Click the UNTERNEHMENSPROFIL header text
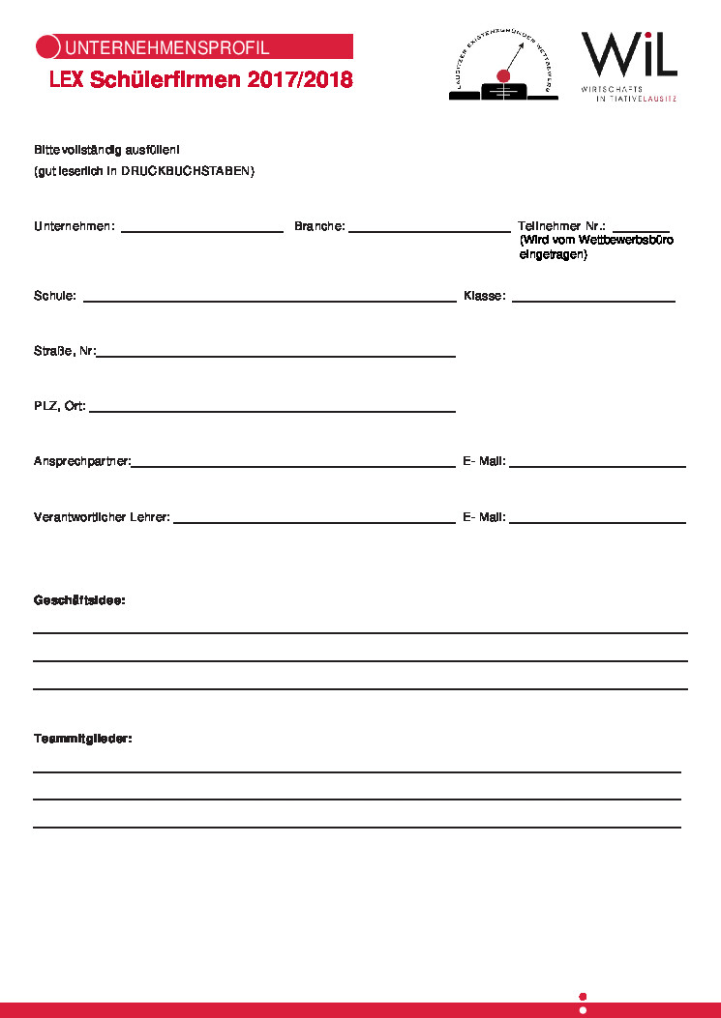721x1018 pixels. pos(166,47)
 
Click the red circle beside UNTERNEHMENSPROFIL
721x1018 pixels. pos(47,46)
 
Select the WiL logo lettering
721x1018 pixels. pos(628,55)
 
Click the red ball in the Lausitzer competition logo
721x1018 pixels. pos(501,75)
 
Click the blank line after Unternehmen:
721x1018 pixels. pos(201,230)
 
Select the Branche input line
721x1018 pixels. pos(429,230)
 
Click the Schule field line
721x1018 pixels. pos(269,301)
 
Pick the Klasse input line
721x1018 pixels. pos(592,301)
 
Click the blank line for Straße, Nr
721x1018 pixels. pos(275,356)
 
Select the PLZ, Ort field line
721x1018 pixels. pos(272,411)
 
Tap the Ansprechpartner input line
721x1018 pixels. pos(293,466)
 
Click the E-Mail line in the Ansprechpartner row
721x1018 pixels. pos(597,466)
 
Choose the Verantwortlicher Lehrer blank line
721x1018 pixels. pos(314,522)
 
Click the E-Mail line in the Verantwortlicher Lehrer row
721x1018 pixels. pos(597,522)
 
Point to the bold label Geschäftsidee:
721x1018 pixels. pos(79,600)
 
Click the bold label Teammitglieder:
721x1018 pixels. pos(82,739)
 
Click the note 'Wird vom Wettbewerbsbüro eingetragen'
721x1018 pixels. pos(596,247)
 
